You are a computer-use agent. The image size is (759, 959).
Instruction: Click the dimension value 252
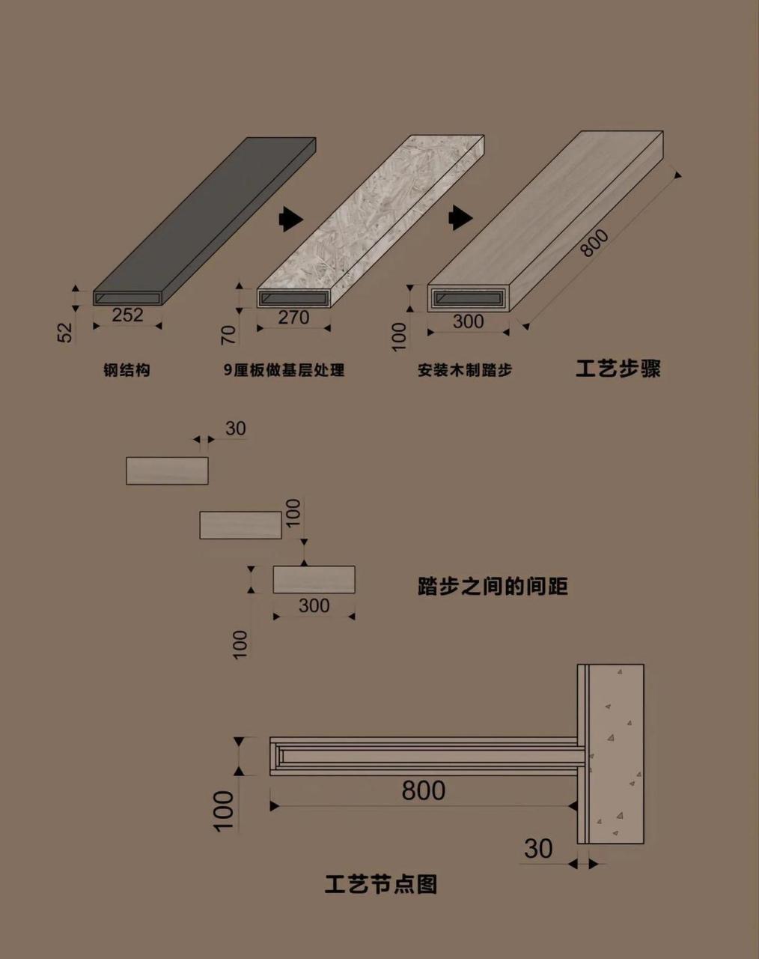click(x=127, y=315)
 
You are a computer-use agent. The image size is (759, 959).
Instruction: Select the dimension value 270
click(x=293, y=317)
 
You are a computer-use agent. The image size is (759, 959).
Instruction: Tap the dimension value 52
click(x=66, y=332)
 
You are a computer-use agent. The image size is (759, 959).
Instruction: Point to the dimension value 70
click(x=229, y=334)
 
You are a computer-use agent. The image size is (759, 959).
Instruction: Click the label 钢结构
click(x=127, y=370)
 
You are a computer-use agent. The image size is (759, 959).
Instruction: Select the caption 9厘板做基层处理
click(x=284, y=370)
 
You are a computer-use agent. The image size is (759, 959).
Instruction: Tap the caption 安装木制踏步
click(x=465, y=370)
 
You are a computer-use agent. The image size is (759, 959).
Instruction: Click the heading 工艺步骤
click(x=618, y=369)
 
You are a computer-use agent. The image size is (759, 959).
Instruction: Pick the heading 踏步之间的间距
click(x=493, y=585)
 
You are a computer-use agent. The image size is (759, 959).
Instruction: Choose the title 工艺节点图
click(x=381, y=884)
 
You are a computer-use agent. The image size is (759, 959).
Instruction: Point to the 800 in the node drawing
click(x=424, y=790)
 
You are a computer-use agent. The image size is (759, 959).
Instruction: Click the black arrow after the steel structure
click(x=290, y=218)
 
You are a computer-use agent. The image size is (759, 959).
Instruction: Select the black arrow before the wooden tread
click(x=460, y=218)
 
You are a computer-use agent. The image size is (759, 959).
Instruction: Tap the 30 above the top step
click(x=235, y=429)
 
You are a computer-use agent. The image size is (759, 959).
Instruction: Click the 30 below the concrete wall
click(x=538, y=849)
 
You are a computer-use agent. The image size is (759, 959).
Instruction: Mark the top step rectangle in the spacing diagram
click(x=167, y=471)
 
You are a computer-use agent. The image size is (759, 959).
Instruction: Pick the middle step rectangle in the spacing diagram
click(x=240, y=525)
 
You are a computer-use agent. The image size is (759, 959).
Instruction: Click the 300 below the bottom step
click(x=314, y=605)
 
